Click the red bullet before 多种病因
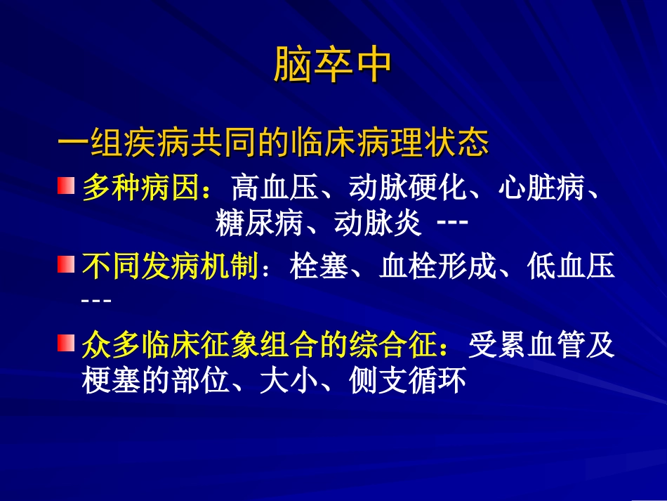(65, 187)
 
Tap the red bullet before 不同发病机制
(65, 265)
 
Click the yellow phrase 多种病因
(140, 188)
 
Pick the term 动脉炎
(378, 223)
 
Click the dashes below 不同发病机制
(96, 301)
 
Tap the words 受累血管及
(541, 345)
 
